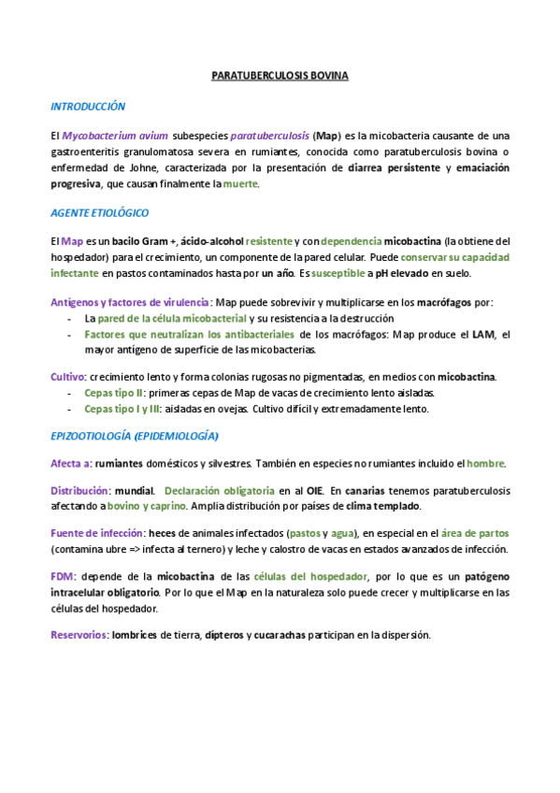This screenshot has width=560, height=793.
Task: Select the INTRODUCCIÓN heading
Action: pos(88,107)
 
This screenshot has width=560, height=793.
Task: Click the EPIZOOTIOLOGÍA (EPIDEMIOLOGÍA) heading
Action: pos(135,436)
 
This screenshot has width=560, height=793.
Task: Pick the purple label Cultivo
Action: pos(67,377)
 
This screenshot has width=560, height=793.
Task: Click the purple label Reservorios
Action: pos(79,635)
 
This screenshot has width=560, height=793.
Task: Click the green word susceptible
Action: pos(340,273)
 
